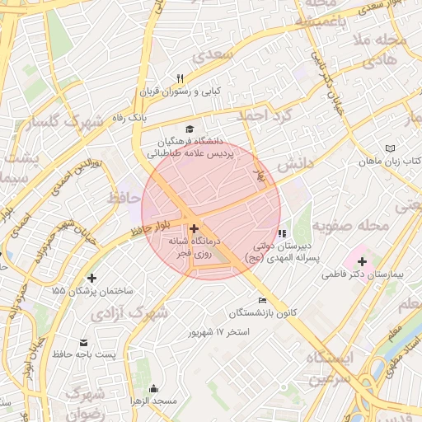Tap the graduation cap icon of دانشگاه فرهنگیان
point(190,129)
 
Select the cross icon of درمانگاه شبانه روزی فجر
point(194,228)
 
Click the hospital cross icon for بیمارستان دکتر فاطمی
point(362,260)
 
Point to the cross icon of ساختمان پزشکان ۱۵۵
point(91,278)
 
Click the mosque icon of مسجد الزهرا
point(152,388)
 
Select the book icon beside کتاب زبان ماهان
point(390,148)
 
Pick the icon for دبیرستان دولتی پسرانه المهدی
point(282,233)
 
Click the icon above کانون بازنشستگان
point(263,300)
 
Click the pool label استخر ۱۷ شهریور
point(218,331)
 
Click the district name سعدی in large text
point(213,54)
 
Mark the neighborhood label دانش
point(295,164)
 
